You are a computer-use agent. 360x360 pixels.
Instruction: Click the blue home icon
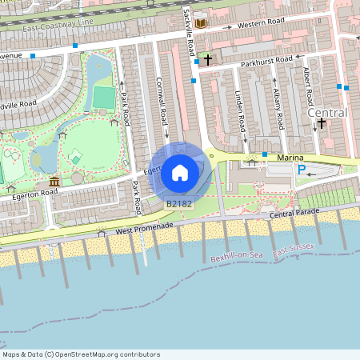179,172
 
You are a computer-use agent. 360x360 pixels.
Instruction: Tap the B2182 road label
178,205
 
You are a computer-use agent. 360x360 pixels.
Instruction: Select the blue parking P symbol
302,170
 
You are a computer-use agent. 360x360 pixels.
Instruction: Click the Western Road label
261,24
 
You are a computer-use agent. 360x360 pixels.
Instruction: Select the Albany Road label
278,108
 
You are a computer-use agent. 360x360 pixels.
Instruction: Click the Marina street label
290,158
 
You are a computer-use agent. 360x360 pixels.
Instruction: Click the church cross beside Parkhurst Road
207,59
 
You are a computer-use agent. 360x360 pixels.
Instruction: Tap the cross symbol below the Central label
322,123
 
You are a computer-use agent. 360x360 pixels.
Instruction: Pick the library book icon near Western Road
200,24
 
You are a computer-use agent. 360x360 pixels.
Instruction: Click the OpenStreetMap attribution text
81,354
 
